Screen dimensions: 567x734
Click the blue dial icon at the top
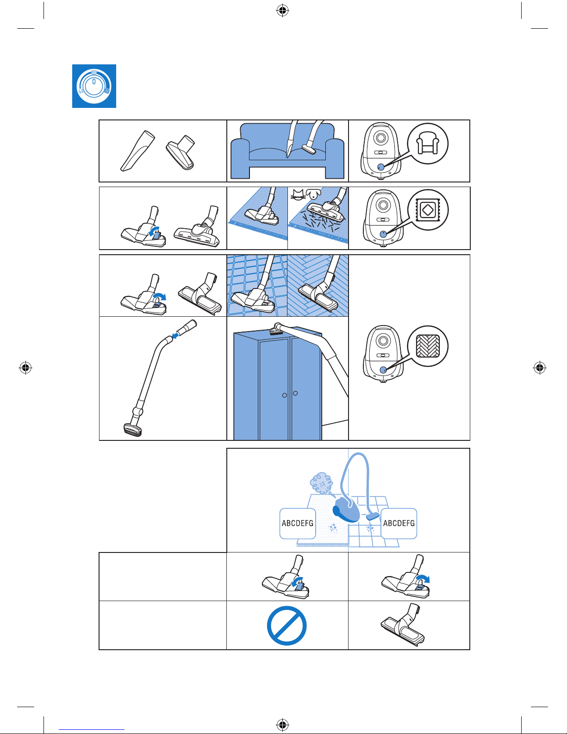click(x=94, y=86)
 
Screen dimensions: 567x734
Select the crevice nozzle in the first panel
click(x=138, y=151)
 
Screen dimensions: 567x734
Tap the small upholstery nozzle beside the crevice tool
click(x=181, y=152)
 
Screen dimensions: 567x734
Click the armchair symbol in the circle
click(x=428, y=143)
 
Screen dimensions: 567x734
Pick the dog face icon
click(x=313, y=193)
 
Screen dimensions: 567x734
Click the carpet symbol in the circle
click(x=428, y=210)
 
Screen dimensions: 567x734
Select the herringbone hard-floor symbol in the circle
click(x=428, y=346)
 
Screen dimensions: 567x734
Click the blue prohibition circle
click(x=287, y=626)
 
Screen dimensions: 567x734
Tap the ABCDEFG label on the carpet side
click(x=298, y=523)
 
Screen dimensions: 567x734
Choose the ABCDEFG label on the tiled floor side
click(x=399, y=523)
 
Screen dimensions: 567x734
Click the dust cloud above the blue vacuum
click(x=321, y=483)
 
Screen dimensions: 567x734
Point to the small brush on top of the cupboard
click(x=277, y=329)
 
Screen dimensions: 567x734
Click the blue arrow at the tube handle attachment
click(x=175, y=335)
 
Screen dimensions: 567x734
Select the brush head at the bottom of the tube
click(x=133, y=429)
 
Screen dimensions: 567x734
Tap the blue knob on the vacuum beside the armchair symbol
click(x=380, y=167)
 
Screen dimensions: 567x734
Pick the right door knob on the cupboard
click(x=295, y=393)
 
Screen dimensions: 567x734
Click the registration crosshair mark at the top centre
click(x=282, y=11)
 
